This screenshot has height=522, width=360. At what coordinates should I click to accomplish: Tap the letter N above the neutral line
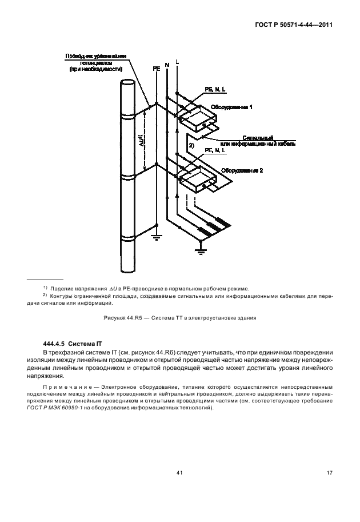pyautogui.click(x=167, y=64)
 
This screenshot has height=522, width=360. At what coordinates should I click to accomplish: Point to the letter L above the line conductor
pyautogui.click(x=177, y=61)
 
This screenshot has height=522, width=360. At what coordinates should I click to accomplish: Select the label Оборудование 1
pyautogui.click(x=231, y=107)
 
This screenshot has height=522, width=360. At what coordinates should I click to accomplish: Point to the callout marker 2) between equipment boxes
pyautogui.click(x=192, y=147)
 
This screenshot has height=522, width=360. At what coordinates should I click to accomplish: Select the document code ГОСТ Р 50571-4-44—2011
pyautogui.click(x=295, y=26)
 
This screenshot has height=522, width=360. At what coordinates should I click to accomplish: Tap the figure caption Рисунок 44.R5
pyautogui.click(x=179, y=317)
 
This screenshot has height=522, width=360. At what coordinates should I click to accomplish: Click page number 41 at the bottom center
pyautogui.click(x=179, y=472)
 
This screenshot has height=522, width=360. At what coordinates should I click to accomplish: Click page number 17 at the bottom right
pyautogui.click(x=330, y=472)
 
